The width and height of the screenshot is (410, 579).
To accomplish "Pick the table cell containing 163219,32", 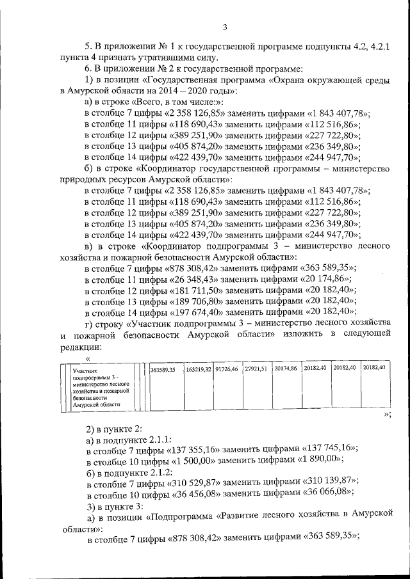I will (198, 369).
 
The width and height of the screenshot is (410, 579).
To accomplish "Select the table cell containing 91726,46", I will (227, 369).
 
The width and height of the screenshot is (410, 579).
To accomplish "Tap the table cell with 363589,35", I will (163, 370).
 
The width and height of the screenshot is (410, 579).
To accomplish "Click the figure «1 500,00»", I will (193, 460).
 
